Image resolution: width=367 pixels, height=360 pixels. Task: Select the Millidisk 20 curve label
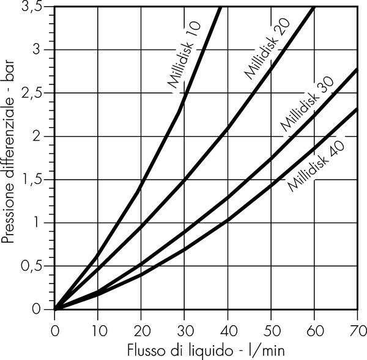click(x=267, y=49)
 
